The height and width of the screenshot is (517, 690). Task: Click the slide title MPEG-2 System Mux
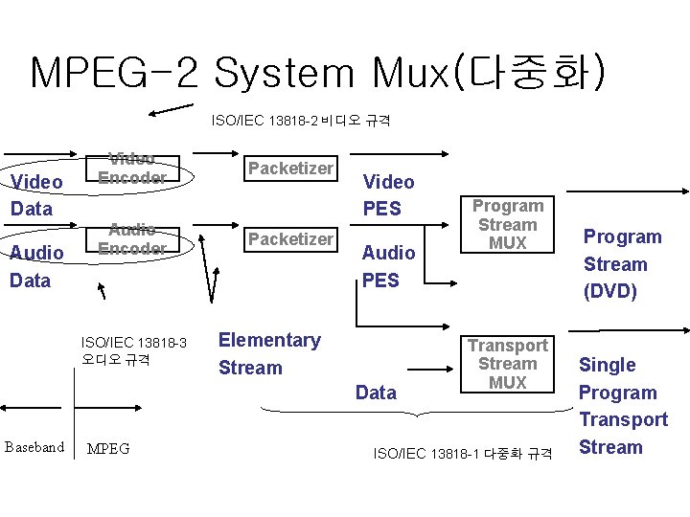[x=317, y=74]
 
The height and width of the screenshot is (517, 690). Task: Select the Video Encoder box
[x=132, y=169]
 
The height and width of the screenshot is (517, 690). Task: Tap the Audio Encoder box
[x=132, y=239]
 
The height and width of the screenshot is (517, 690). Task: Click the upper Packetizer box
[x=290, y=169]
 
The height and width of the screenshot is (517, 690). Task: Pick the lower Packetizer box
[x=290, y=238]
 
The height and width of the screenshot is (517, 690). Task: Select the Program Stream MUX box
[x=507, y=225]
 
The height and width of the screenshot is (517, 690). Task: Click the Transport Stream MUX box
[x=507, y=364]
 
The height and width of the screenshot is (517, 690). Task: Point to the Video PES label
[x=388, y=195]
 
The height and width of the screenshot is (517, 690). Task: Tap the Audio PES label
[x=388, y=266]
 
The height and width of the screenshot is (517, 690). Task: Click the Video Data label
[x=36, y=195]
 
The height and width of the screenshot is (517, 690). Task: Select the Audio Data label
[x=36, y=266]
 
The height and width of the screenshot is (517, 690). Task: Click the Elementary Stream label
[x=269, y=354]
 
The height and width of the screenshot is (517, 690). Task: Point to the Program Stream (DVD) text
[x=622, y=264]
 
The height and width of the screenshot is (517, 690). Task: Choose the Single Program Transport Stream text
[x=622, y=406]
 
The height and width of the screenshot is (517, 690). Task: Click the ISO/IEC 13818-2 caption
[x=300, y=122]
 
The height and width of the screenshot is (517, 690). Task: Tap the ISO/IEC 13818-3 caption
[x=133, y=350]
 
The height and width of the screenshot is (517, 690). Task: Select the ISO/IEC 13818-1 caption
[x=463, y=453]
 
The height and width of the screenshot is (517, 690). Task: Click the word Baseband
[x=34, y=447]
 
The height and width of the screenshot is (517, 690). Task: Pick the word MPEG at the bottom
[x=108, y=448]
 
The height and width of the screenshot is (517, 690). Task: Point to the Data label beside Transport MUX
[x=376, y=393]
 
